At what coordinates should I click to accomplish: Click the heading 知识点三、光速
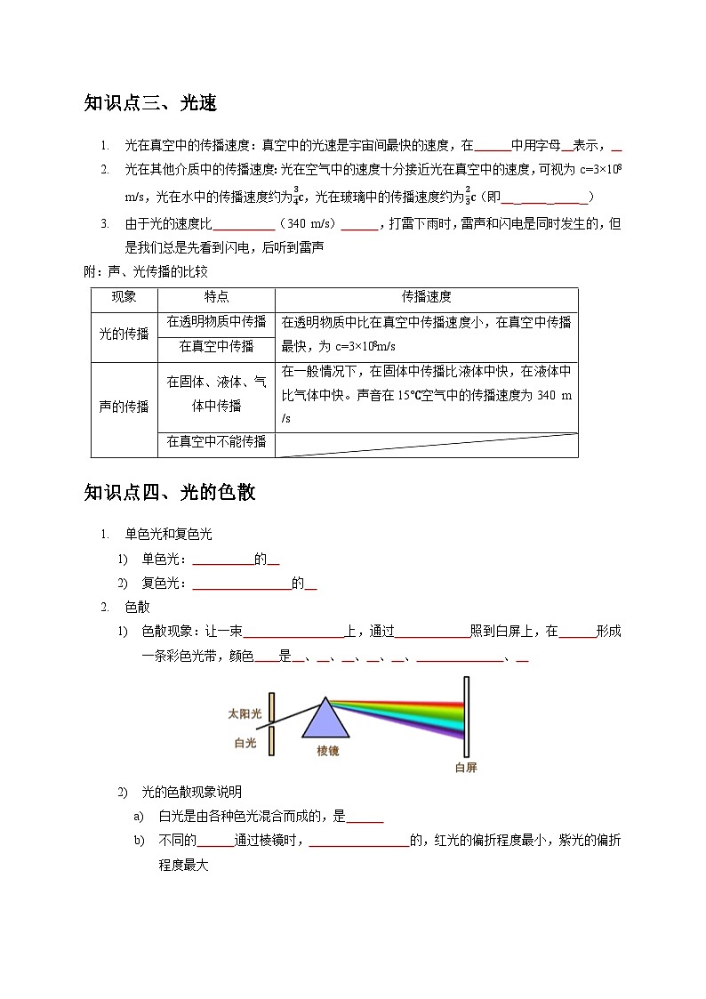[x=150, y=104]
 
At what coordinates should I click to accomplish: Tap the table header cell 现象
[x=124, y=298]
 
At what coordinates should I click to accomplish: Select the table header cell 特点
[x=216, y=298]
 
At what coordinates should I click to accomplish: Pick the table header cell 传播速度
[x=426, y=298]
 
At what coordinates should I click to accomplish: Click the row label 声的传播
[x=124, y=407]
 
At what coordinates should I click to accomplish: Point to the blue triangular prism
[x=326, y=721]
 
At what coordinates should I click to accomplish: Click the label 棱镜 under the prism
[x=327, y=751]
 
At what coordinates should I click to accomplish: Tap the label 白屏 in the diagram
[x=465, y=767]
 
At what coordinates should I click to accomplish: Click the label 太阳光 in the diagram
[x=245, y=713]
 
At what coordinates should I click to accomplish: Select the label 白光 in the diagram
[x=245, y=743]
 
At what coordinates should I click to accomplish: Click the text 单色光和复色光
[x=168, y=534]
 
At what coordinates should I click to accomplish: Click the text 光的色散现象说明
[x=192, y=792]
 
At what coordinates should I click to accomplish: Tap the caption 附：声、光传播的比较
[x=145, y=271]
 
